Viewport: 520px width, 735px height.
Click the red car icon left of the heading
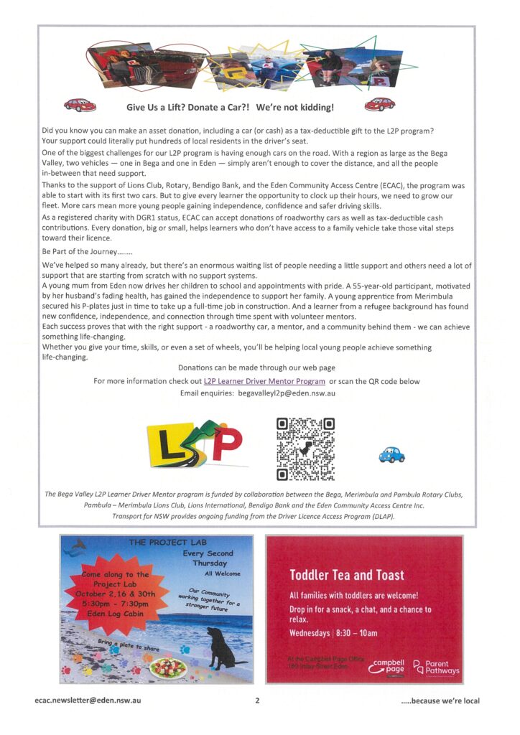coord(80,106)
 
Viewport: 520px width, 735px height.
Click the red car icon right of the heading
coord(380,106)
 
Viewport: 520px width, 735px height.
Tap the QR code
coord(305,449)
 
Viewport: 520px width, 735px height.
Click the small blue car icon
coord(391,454)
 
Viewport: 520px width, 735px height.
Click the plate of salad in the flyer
coord(168,668)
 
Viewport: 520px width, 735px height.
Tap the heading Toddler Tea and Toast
coord(347,575)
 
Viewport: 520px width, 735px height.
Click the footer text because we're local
coord(440,701)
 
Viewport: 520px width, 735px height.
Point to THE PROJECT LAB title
coord(157,543)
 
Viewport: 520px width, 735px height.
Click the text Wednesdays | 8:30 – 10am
coord(333,633)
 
